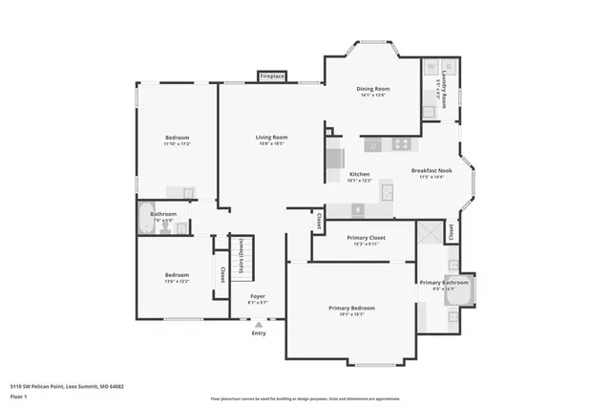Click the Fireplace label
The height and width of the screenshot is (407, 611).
[x=272, y=76]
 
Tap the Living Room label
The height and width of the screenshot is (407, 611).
[x=271, y=138]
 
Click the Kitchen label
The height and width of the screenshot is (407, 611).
[x=359, y=174]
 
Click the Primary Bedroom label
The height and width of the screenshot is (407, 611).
[x=351, y=308]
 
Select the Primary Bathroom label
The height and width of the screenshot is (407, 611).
[x=443, y=282]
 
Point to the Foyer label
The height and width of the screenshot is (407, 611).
[x=258, y=296]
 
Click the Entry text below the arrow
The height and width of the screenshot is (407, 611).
[x=259, y=332]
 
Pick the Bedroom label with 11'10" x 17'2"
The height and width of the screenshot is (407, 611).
[x=177, y=138]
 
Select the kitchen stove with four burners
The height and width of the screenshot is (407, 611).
[x=402, y=144]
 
